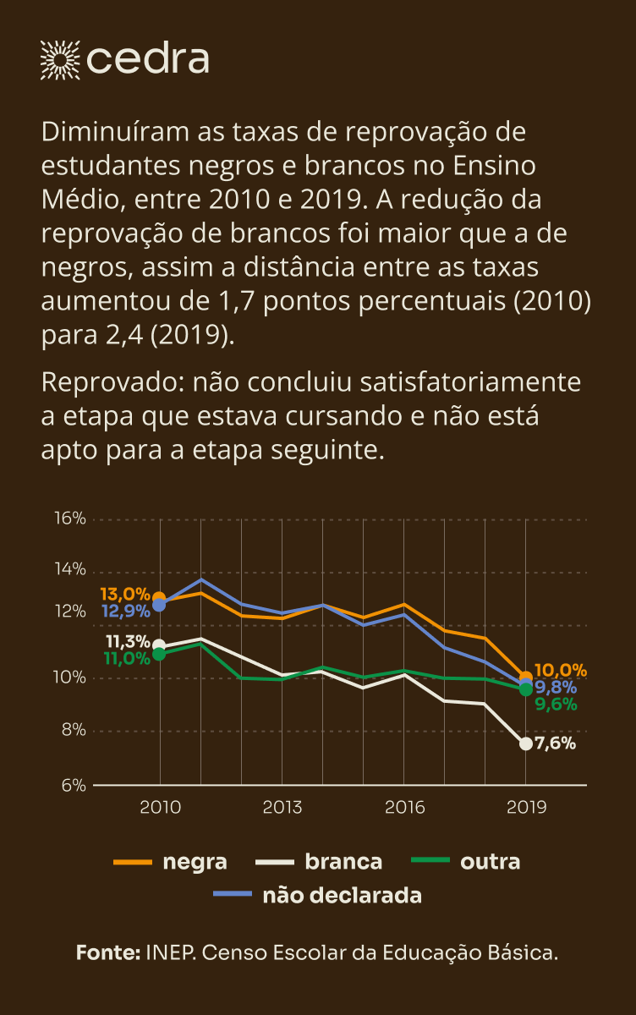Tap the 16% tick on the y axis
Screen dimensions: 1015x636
click(70, 518)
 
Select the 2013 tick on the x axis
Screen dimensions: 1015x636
click(282, 807)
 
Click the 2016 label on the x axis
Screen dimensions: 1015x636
click(404, 807)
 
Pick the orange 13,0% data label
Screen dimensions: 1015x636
click(124, 594)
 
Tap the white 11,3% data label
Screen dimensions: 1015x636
click(128, 641)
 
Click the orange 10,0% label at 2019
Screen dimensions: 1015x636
click(560, 671)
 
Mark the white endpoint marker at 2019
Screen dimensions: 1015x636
click(525, 743)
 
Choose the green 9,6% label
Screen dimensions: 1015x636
click(556, 703)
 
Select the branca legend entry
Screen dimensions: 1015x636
click(319, 862)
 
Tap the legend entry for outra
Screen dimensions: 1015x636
click(465, 862)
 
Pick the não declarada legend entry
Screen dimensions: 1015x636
click(317, 895)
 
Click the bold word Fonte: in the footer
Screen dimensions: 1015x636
click(108, 952)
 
